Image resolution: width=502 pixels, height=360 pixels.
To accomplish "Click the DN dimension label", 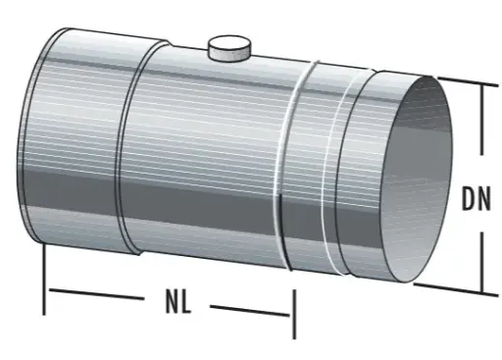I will point(477,200).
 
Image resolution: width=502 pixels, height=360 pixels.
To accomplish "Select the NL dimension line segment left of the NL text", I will point(98,293).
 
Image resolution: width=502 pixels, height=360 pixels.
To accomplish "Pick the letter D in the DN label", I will point(468,200).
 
